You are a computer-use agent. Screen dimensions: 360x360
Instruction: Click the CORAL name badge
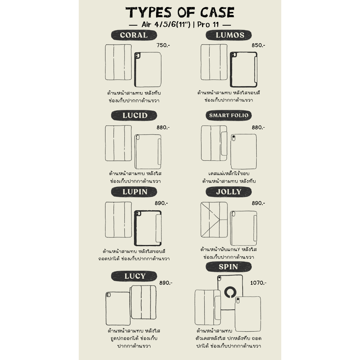[x=134, y=36]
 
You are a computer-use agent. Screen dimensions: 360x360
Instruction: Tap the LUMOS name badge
[x=229, y=35]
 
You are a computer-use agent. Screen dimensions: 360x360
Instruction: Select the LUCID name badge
[x=134, y=115]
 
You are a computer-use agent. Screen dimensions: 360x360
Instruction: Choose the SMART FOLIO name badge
[x=229, y=115]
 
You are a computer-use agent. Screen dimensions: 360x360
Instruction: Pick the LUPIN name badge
[x=134, y=192]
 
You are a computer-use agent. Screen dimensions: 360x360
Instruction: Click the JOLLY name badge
[x=229, y=192]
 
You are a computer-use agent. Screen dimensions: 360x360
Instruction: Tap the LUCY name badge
[x=134, y=276]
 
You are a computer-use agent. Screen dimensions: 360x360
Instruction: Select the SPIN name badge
[x=229, y=267]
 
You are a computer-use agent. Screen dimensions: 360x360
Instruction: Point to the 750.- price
[x=163, y=45]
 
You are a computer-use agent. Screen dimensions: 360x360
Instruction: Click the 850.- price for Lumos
[x=258, y=45]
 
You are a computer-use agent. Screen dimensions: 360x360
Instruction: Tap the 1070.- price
[x=258, y=283]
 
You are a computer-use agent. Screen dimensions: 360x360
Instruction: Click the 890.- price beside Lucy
[x=166, y=283]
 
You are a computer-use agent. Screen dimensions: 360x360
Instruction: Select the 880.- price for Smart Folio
[x=258, y=127]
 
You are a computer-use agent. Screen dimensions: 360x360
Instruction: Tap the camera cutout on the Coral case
[x=137, y=56]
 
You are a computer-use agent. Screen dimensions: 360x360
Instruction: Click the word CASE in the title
[x=217, y=13]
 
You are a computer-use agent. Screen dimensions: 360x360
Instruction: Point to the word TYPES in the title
[x=148, y=13]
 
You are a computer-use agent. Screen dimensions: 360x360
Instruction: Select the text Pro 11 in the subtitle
[x=208, y=25]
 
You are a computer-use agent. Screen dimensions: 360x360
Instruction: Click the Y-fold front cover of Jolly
[x=214, y=220]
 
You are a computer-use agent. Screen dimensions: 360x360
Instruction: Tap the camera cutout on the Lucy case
[x=108, y=295]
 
